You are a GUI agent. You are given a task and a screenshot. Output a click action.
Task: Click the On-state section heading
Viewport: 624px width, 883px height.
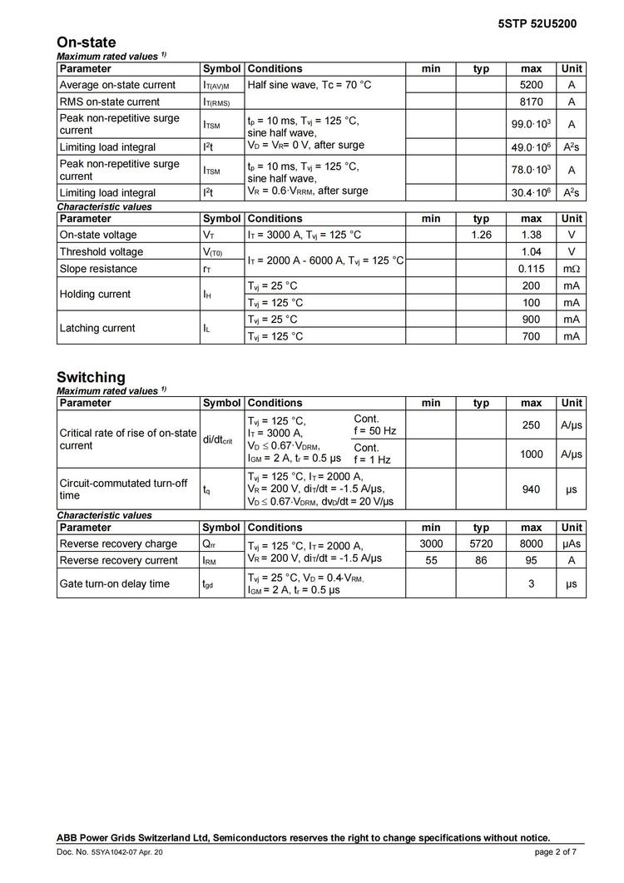click(87, 42)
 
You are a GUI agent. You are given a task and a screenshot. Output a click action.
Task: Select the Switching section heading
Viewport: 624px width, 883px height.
click(91, 377)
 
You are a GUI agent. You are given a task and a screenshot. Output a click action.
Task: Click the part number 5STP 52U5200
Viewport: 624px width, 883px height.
click(537, 24)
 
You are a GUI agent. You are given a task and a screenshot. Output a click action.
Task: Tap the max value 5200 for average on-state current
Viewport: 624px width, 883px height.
click(531, 85)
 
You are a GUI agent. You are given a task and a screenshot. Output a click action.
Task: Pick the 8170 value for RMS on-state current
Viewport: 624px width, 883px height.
click(531, 102)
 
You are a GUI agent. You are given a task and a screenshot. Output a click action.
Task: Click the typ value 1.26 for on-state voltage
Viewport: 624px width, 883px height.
click(481, 235)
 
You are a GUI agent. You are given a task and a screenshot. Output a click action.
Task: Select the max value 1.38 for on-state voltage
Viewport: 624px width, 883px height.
click(531, 235)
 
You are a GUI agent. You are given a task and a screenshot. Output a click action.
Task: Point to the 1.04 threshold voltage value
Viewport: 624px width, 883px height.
click(531, 251)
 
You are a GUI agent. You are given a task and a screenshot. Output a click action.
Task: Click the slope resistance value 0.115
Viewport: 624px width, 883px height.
click(531, 269)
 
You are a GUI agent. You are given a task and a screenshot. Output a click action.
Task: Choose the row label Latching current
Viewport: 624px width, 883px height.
click(97, 328)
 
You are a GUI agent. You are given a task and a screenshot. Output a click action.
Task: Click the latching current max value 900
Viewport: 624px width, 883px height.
click(531, 320)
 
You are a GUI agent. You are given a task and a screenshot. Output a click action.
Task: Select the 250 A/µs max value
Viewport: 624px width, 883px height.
click(531, 425)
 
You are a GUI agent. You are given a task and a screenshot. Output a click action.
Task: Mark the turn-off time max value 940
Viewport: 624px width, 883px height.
click(531, 489)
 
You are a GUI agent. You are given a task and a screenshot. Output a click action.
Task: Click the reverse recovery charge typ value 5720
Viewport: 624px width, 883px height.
click(481, 543)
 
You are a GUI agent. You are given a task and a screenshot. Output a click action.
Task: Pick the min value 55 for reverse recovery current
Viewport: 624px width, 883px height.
click(431, 561)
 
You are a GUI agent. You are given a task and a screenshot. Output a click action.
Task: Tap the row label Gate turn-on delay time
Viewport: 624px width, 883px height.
click(114, 583)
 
